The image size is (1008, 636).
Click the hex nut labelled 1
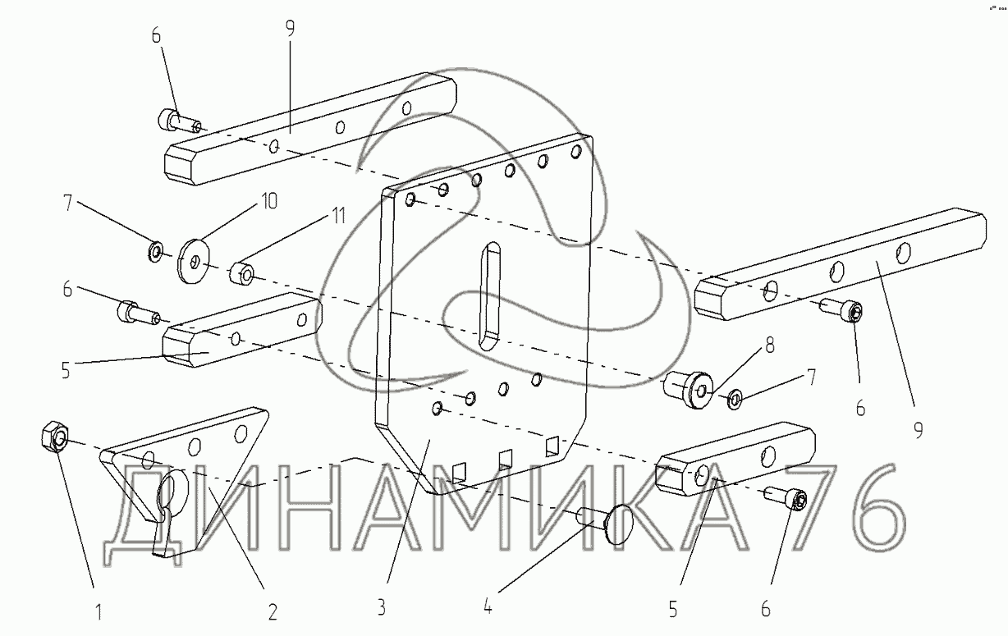coord(53,437)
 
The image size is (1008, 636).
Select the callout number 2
coord(272,611)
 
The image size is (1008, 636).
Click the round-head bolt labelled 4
coord(608,523)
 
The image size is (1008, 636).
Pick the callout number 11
coord(338,216)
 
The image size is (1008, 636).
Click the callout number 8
coord(769,346)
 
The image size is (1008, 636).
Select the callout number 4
coord(488,608)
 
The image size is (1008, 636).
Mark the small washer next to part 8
coord(734,400)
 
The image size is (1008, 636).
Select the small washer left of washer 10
coord(153,248)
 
